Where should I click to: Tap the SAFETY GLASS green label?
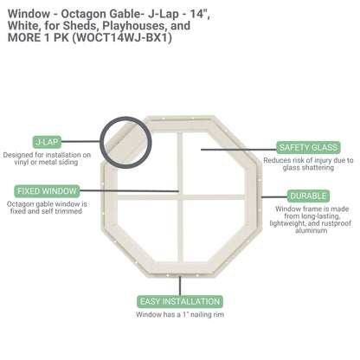click(307, 147)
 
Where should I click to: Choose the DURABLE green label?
click(308, 196)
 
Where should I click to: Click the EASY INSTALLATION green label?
click(179, 301)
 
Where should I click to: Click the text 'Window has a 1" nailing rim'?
click(179, 315)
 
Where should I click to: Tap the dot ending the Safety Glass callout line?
click(202, 148)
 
